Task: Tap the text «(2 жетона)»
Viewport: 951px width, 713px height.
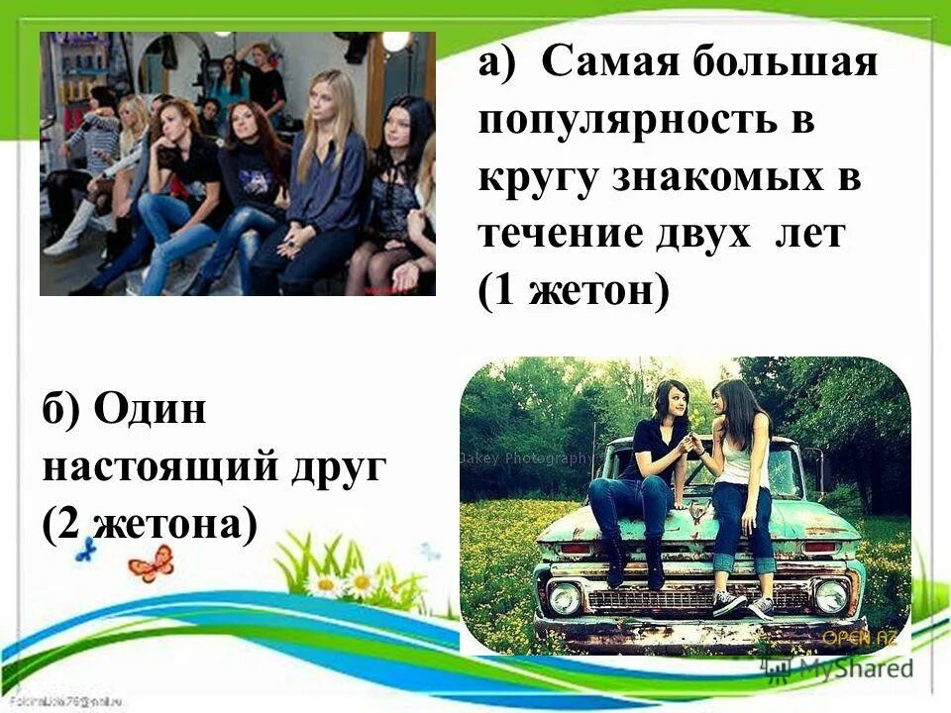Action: click(x=151, y=522)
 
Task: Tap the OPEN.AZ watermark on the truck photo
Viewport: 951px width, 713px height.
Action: click(x=865, y=637)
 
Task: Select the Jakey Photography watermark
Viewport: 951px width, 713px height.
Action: click(x=525, y=458)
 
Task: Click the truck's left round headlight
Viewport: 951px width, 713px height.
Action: click(x=565, y=597)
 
